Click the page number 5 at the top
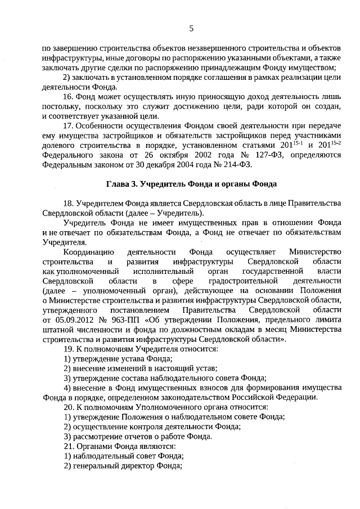[x=191, y=28]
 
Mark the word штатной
[x=57, y=329]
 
